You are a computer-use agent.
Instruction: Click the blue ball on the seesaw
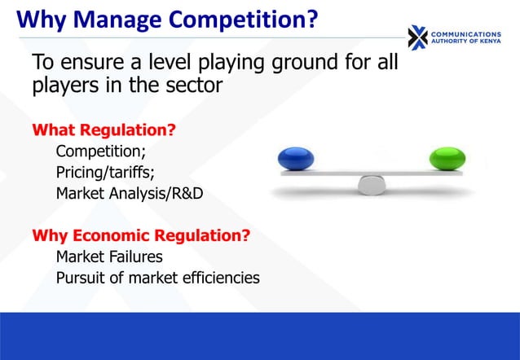coord(295,158)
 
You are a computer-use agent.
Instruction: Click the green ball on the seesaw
coord(447,158)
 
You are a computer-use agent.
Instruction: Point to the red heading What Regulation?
coord(104,130)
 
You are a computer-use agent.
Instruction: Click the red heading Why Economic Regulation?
coord(140,236)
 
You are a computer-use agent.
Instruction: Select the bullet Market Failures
coord(108,257)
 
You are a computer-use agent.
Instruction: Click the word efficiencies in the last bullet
coord(218,279)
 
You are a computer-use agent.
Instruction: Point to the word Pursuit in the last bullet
coord(80,279)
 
